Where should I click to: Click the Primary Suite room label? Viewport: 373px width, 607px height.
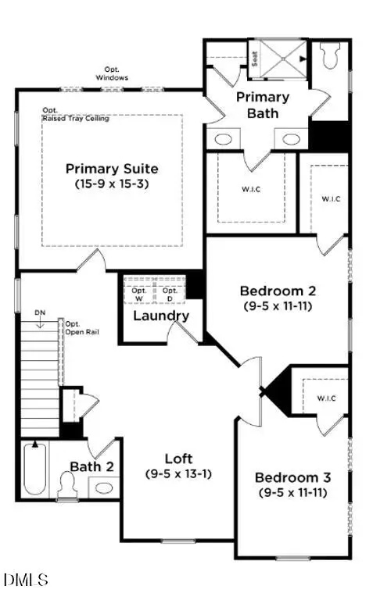[x=112, y=169]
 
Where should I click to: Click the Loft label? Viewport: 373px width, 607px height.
[x=178, y=459]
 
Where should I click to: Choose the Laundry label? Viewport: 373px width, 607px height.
[x=161, y=316]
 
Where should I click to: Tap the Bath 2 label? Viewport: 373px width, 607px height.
[x=99, y=466]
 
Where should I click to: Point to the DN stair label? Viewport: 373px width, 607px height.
[x=40, y=313]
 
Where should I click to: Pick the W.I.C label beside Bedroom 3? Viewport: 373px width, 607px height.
[x=326, y=398]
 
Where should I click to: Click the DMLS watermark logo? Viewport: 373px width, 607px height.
[x=26, y=580]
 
